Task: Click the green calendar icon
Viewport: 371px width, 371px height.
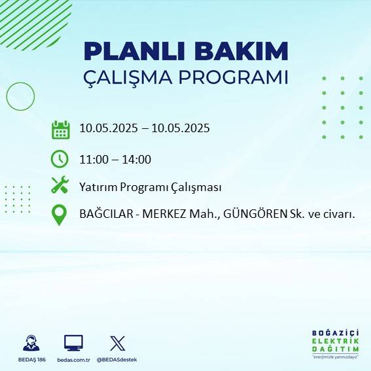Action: [60, 130]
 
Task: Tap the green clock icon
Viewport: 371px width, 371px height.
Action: [60, 159]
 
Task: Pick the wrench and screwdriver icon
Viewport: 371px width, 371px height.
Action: [60, 186]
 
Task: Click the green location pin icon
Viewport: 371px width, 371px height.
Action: [60, 215]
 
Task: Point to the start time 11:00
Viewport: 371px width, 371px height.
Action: [94, 159]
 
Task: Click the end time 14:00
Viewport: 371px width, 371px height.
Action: [137, 159]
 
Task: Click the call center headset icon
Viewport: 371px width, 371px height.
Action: [30, 343]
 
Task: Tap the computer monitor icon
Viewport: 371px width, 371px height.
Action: [73, 343]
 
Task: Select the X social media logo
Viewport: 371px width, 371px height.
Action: [117, 343]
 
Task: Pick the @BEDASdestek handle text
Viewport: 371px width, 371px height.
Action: [116, 360]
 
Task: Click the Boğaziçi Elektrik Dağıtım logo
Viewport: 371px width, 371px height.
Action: [335, 345]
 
